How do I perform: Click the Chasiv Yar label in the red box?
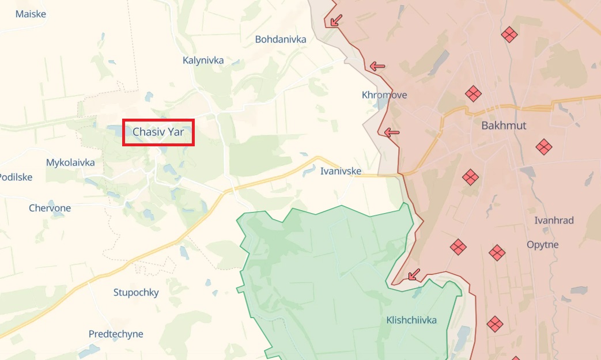(x=158, y=132)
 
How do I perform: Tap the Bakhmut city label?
(x=504, y=126)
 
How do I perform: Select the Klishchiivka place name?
(x=411, y=320)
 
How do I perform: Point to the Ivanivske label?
(x=341, y=171)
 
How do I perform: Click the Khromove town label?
(x=384, y=95)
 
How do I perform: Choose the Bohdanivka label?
(x=281, y=39)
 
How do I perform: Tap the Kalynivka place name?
(x=203, y=60)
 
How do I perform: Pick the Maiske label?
(x=31, y=14)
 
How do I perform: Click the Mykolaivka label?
(x=70, y=162)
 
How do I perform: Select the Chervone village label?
(x=50, y=208)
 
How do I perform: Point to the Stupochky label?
(x=136, y=293)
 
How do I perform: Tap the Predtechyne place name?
(x=116, y=334)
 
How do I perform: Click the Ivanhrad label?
(x=554, y=221)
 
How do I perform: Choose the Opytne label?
(x=543, y=245)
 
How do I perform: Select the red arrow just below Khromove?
(x=392, y=132)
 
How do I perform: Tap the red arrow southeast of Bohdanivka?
(x=377, y=66)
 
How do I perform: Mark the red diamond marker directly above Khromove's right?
(x=473, y=93)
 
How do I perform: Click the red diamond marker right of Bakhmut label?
(x=544, y=147)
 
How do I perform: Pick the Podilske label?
(x=16, y=177)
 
